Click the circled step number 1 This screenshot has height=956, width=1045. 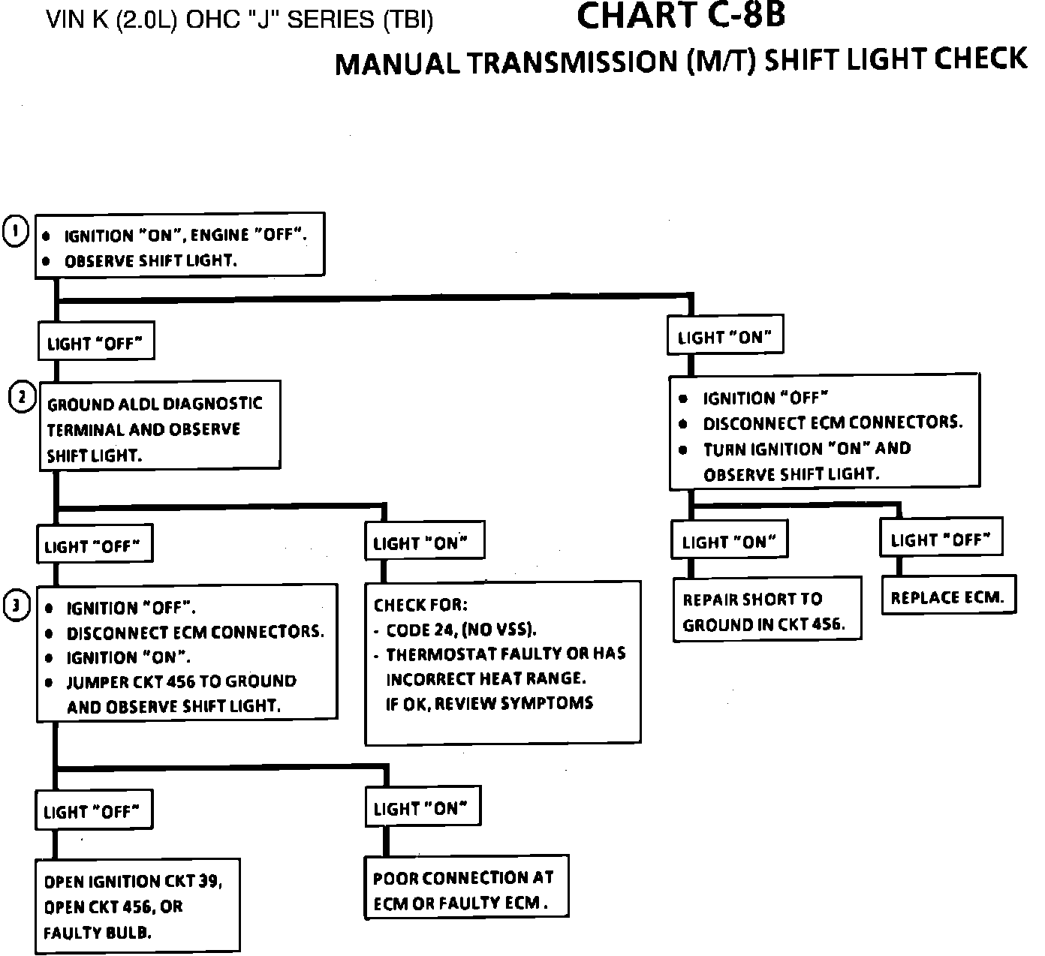tap(16, 232)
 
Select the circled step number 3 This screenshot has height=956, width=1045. tap(17, 606)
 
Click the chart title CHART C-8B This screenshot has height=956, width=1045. tap(681, 17)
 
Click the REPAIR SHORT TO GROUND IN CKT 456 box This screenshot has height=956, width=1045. tap(766, 611)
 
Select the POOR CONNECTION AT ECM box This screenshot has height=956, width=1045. tap(465, 889)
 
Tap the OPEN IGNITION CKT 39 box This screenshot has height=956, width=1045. tap(138, 906)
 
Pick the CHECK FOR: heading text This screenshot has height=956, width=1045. tap(420, 605)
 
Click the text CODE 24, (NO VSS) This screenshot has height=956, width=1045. tap(461, 629)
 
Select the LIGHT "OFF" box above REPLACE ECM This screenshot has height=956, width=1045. tap(941, 539)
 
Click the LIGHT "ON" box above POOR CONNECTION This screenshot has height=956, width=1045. tap(421, 808)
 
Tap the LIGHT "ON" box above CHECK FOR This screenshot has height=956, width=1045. tap(423, 543)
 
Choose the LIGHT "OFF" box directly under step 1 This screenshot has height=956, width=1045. tap(95, 343)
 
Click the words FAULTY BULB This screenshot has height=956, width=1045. tap(97, 933)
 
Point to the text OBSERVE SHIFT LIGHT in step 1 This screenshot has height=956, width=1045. tap(150, 261)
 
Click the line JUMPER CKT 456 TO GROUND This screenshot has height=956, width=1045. tap(181, 681)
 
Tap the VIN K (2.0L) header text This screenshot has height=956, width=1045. tap(239, 20)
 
